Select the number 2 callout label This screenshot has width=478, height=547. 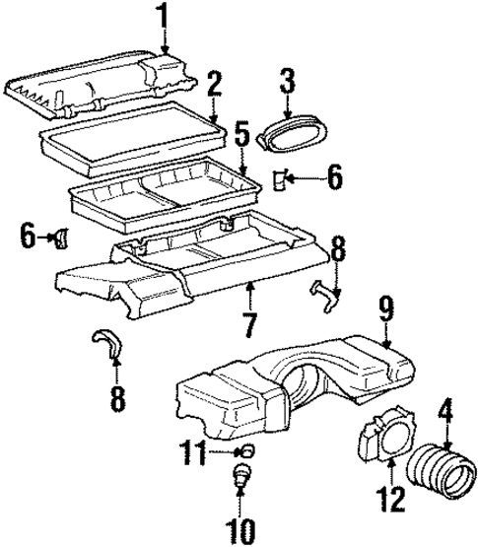[x=215, y=84]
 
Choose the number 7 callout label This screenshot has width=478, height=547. [x=249, y=321]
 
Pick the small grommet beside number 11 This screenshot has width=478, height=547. [x=243, y=452]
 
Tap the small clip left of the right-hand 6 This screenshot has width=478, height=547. [x=281, y=178]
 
